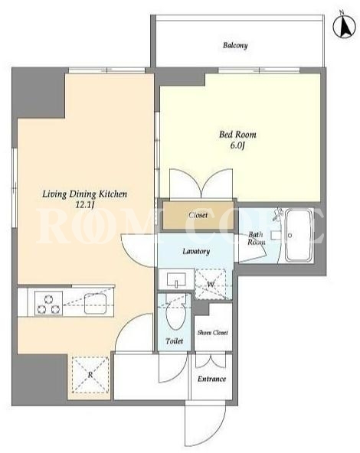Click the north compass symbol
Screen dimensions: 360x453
click(x=344, y=26)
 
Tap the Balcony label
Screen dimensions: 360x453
click(x=235, y=45)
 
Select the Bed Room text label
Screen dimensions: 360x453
click(x=237, y=135)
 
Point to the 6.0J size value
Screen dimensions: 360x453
click(x=237, y=145)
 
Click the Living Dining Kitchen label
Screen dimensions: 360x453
click(x=85, y=194)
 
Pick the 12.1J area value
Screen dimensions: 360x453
click(x=84, y=205)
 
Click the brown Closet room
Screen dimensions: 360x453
click(x=198, y=215)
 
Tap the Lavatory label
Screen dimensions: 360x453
click(x=196, y=251)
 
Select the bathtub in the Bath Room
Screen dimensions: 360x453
click(x=299, y=235)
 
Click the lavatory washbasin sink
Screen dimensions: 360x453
click(x=176, y=279)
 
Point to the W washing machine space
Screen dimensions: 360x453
click(x=211, y=285)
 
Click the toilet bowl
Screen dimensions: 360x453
click(x=175, y=315)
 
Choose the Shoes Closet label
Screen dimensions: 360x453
click(x=212, y=333)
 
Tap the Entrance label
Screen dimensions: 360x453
click(x=211, y=379)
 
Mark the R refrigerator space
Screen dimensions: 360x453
click(x=90, y=375)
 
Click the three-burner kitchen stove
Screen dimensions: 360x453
click(x=48, y=303)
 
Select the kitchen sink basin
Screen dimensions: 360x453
click(x=96, y=303)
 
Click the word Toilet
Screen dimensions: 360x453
click(x=175, y=341)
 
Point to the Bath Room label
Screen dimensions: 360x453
click(x=256, y=238)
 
